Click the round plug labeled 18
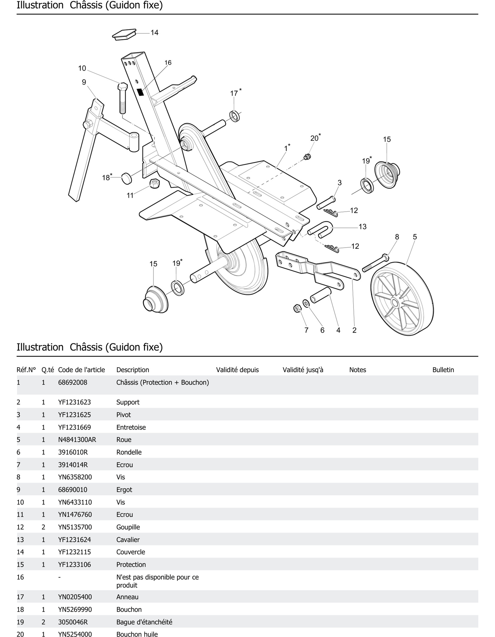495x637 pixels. click(127, 178)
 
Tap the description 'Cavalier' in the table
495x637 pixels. click(128, 540)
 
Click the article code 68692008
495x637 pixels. click(73, 382)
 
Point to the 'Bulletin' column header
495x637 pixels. click(443, 370)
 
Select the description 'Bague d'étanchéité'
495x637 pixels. click(144, 622)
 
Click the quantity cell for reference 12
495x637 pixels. click(43, 527)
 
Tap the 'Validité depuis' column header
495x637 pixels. click(237, 370)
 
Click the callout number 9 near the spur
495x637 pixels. click(84, 82)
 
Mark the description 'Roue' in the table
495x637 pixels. click(124, 440)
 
